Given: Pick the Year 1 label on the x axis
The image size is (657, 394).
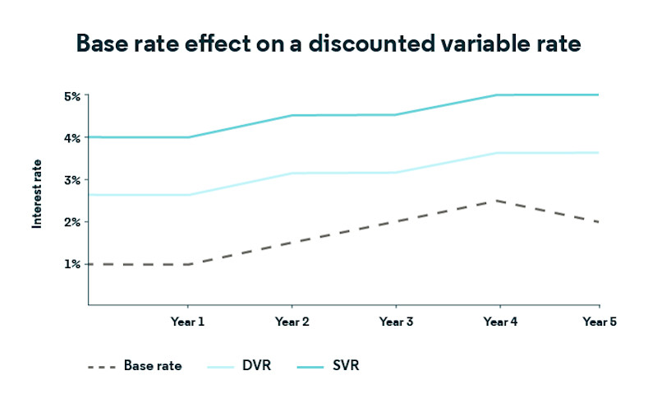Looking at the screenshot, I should click(x=187, y=322).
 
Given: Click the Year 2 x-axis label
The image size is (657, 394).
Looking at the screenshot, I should click(x=292, y=322).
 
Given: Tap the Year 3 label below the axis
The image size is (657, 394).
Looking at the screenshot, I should click(x=396, y=322).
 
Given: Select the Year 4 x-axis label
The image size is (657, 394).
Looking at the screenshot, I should click(x=500, y=322).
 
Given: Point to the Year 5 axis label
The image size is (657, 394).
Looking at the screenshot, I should click(x=600, y=322).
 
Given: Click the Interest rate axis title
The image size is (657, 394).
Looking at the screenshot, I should click(x=37, y=200).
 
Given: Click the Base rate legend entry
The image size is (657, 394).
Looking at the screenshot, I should click(x=153, y=364).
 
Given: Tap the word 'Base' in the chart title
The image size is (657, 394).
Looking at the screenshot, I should click(x=102, y=43).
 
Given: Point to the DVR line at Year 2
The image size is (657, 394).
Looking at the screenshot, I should click(x=292, y=173).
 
